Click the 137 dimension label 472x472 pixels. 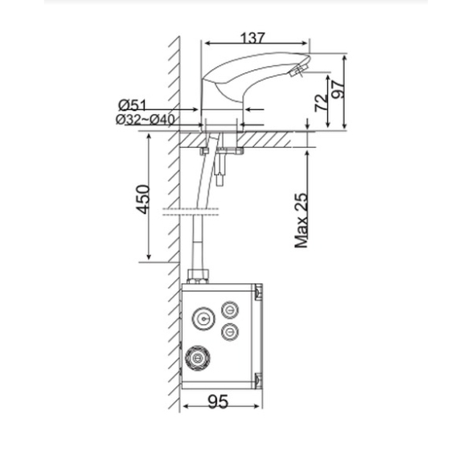click(x=252, y=38)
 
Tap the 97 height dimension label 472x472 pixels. click(x=338, y=89)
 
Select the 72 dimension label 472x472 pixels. click(x=321, y=103)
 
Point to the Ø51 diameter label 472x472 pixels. click(x=132, y=105)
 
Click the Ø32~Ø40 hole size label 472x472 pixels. click(x=146, y=120)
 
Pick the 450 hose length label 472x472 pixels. click(x=142, y=199)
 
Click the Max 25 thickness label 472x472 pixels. click(x=302, y=220)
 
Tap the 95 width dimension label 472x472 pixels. click(x=218, y=401)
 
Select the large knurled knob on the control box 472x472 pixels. click(x=198, y=358)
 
